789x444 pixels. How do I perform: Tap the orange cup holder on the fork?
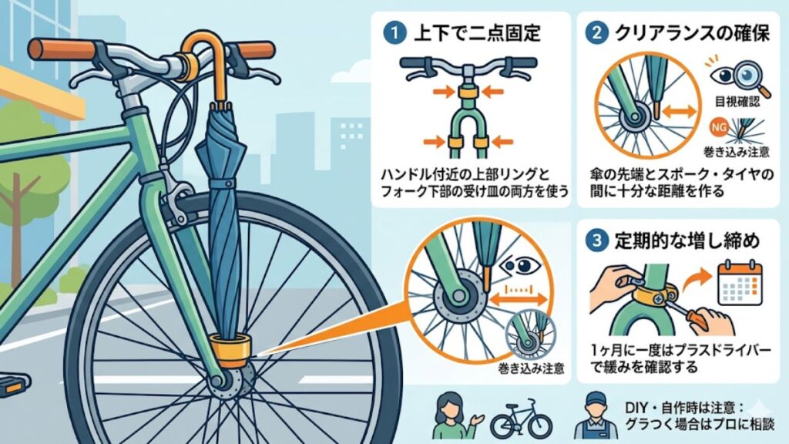click(x=230, y=350)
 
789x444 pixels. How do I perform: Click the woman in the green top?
click(x=448, y=417)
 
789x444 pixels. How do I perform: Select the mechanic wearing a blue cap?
click(x=591, y=417)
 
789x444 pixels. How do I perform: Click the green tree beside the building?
click(x=23, y=154)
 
